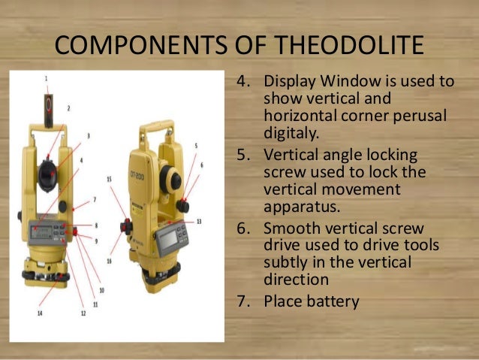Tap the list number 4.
[x=243, y=81]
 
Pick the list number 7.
[x=243, y=301]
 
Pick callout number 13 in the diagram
[x=199, y=221]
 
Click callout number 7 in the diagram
[x=95, y=200]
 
